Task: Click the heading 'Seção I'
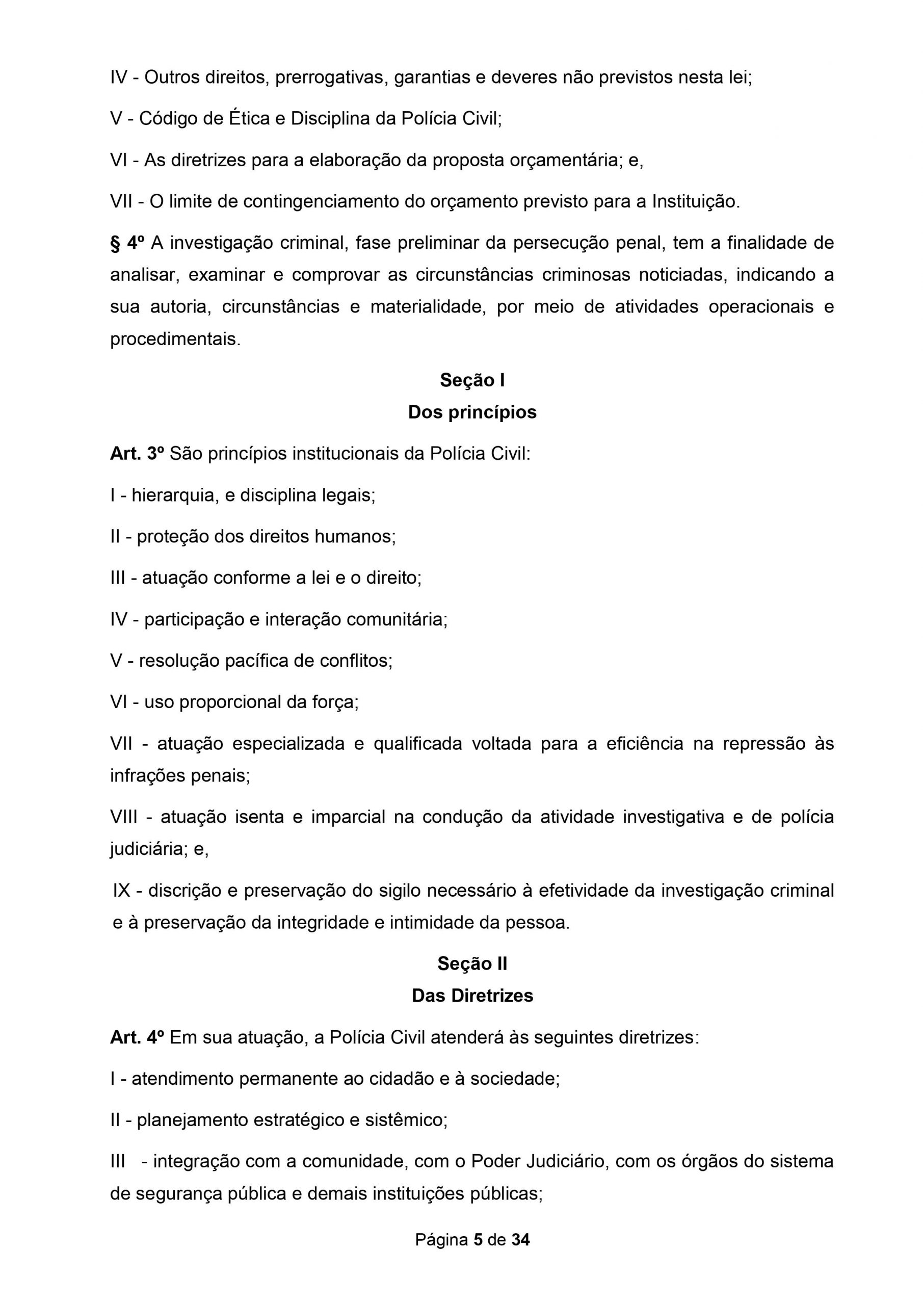coord(472,380)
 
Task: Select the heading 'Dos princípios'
coord(472,412)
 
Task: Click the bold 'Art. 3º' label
coord(137,454)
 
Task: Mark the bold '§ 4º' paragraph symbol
coord(127,243)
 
